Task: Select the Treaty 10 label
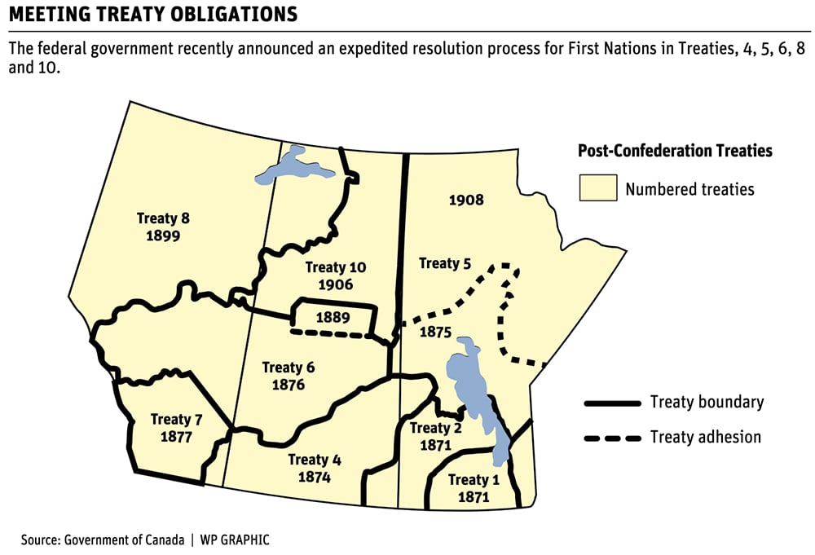click(336, 267)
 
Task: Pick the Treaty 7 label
click(176, 419)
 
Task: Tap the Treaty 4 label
click(314, 460)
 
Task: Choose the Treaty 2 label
click(435, 428)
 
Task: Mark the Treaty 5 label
click(445, 263)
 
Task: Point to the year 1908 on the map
click(466, 200)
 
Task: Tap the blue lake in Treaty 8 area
click(295, 167)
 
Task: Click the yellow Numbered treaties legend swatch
click(597, 189)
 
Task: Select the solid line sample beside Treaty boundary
click(611, 403)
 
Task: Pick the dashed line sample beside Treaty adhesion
click(611, 438)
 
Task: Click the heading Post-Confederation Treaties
click(675, 151)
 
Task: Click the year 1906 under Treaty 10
click(336, 285)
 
